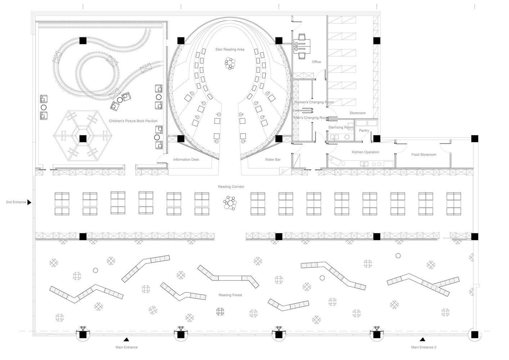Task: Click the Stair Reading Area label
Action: click(x=230, y=49)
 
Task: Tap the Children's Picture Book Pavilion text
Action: click(x=133, y=121)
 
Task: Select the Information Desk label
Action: click(x=186, y=159)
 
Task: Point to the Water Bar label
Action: click(x=273, y=159)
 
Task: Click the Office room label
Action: click(x=316, y=62)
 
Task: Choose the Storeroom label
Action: click(x=358, y=113)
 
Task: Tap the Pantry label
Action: click(x=364, y=130)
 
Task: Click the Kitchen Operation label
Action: click(x=365, y=152)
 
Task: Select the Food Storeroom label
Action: click(x=424, y=154)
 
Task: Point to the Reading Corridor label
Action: click(x=231, y=186)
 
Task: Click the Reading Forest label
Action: click(x=230, y=295)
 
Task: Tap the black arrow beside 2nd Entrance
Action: click(x=29, y=202)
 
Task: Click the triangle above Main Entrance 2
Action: click(x=422, y=339)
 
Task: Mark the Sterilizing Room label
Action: click(x=341, y=127)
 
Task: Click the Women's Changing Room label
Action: click(x=314, y=102)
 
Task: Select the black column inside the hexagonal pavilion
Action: click(x=83, y=139)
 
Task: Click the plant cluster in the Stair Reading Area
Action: click(x=230, y=63)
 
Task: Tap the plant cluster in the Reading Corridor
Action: click(x=230, y=203)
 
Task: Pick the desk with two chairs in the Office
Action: click(x=302, y=46)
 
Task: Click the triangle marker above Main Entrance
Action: click(x=126, y=339)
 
